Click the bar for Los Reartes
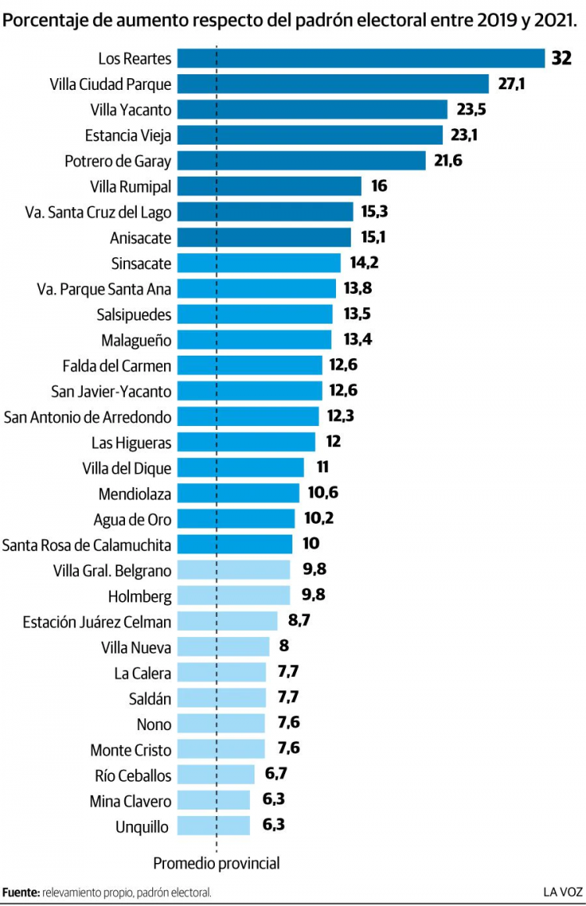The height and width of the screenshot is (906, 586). click(360, 59)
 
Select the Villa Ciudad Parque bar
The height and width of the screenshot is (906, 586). click(333, 84)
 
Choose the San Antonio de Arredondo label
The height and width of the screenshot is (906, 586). click(88, 417)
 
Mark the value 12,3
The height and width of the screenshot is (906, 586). click(340, 416)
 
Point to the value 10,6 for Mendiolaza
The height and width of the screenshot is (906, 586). click(321, 493)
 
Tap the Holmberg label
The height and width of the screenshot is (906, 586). click(141, 596)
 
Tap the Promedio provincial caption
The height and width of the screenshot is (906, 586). click(216, 864)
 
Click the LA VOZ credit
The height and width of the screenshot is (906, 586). click(563, 892)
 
